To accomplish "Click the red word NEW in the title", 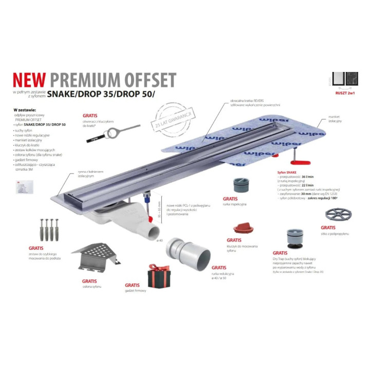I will tap(28, 80).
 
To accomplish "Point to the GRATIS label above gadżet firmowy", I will tap(132, 285).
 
